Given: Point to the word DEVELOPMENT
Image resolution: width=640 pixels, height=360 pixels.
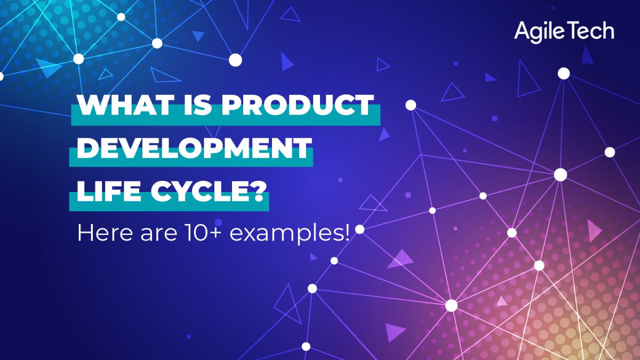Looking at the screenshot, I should (194, 147).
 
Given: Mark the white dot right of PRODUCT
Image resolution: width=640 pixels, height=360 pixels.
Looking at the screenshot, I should (411, 105).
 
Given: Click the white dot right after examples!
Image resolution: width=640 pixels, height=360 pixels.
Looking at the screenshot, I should (360, 229).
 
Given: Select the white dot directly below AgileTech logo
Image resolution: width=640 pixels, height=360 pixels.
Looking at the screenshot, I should (564, 74).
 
